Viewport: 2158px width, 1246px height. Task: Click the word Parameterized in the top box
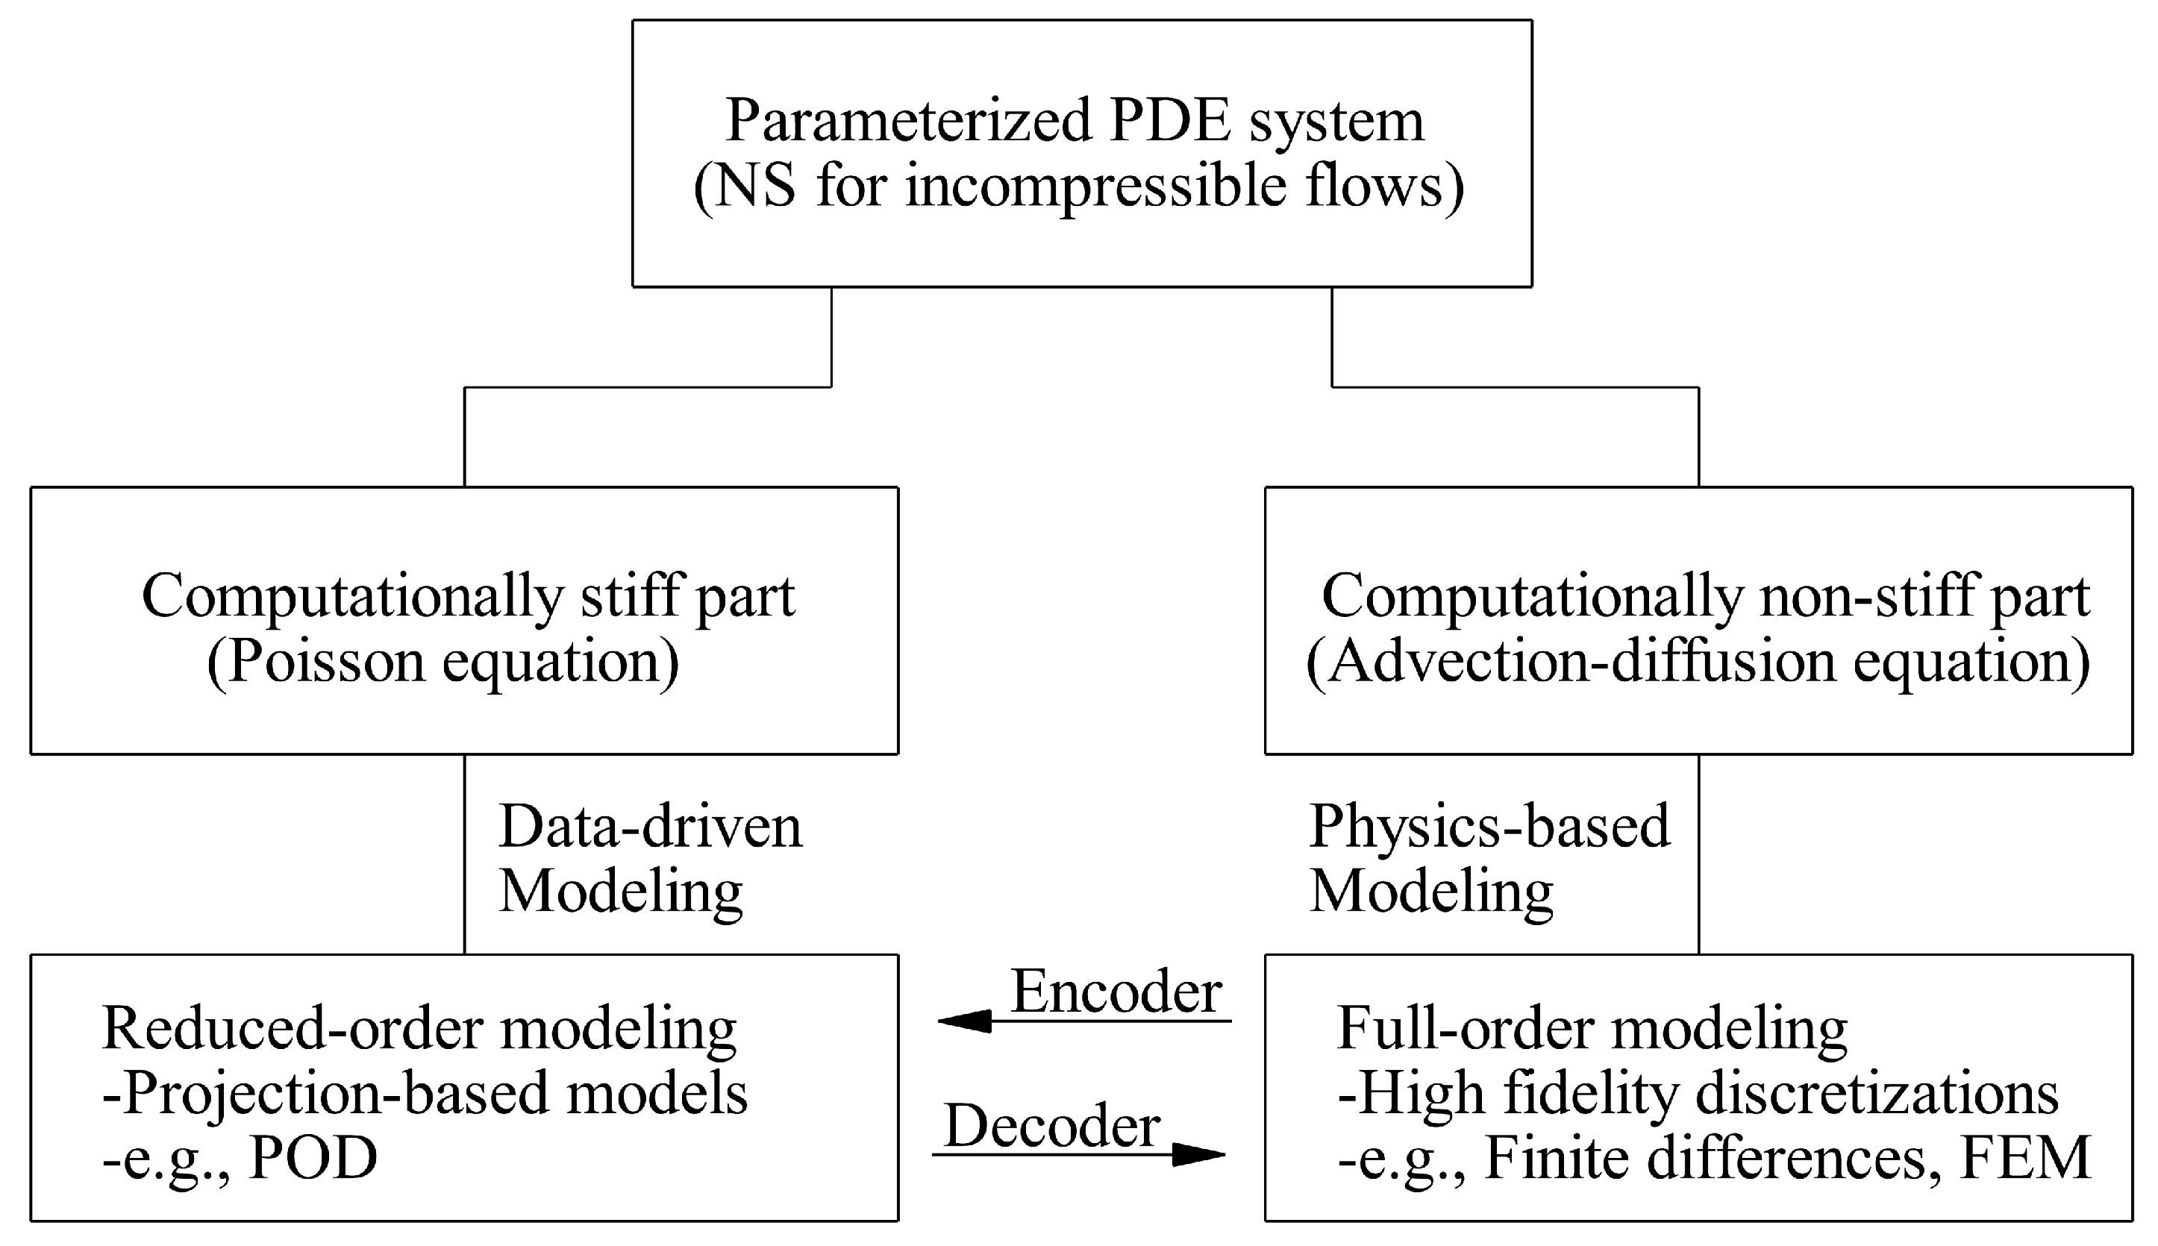(908, 122)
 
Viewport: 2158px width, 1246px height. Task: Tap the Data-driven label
(650, 827)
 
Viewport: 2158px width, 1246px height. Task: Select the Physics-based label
(1489, 827)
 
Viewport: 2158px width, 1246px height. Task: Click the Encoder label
(1116, 992)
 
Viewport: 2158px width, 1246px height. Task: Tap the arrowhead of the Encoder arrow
(963, 1021)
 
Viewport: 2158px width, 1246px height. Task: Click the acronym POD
(313, 1159)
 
